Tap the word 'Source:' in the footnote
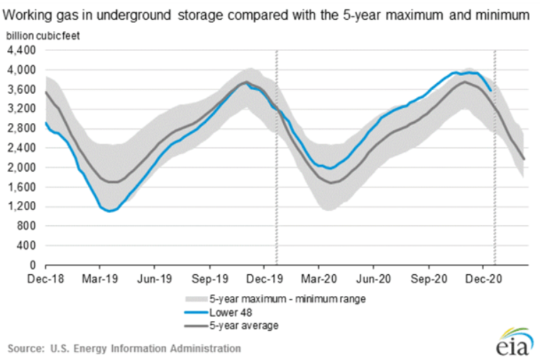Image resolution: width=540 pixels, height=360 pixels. coord(26,349)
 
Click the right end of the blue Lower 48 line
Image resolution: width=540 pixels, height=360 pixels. coord(490,90)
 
